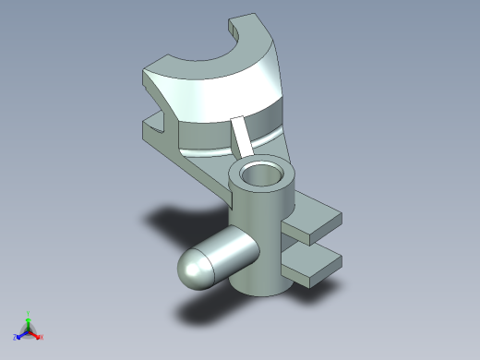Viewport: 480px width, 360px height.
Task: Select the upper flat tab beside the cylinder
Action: click(x=314, y=221)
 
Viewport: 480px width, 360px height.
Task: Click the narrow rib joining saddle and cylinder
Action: click(x=245, y=138)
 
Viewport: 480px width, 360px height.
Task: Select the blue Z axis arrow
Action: click(x=20, y=335)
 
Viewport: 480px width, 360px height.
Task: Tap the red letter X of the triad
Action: click(x=42, y=338)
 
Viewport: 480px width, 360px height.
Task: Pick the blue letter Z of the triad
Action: click(x=15, y=338)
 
